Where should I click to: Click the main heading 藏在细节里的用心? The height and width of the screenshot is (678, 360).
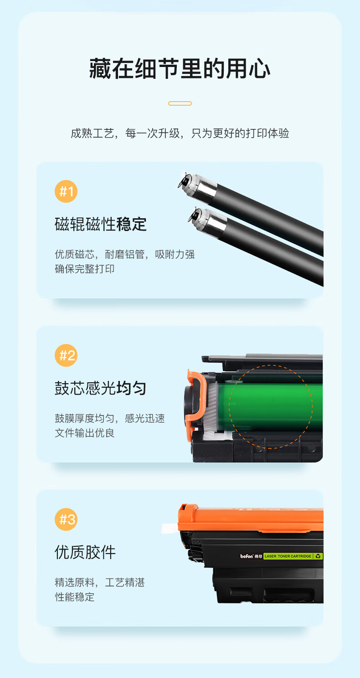click(x=180, y=69)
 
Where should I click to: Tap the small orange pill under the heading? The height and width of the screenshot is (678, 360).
click(x=180, y=103)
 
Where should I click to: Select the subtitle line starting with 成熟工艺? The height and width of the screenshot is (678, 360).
click(x=180, y=133)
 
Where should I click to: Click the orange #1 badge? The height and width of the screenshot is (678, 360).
click(x=66, y=191)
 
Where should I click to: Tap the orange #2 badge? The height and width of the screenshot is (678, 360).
click(x=66, y=355)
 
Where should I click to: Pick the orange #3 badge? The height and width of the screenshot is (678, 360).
click(x=66, y=519)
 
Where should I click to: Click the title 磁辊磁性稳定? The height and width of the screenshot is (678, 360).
click(x=101, y=224)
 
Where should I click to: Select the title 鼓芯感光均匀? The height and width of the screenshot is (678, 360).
click(x=101, y=388)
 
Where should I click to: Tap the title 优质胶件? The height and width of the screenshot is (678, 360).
click(x=85, y=552)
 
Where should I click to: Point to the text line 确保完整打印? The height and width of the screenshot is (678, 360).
click(x=84, y=269)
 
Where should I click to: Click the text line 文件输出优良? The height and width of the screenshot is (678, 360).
click(x=84, y=433)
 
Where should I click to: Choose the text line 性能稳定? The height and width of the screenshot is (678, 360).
click(x=74, y=597)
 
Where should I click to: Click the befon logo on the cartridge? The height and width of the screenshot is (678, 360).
click(x=247, y=556)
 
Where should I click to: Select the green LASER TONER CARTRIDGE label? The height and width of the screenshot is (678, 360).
click(x=288, y=556)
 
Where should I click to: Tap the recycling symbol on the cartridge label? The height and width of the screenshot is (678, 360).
click(x=318, y=556)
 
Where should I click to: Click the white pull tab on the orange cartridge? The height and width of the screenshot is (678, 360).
click(x=170, y=528)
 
